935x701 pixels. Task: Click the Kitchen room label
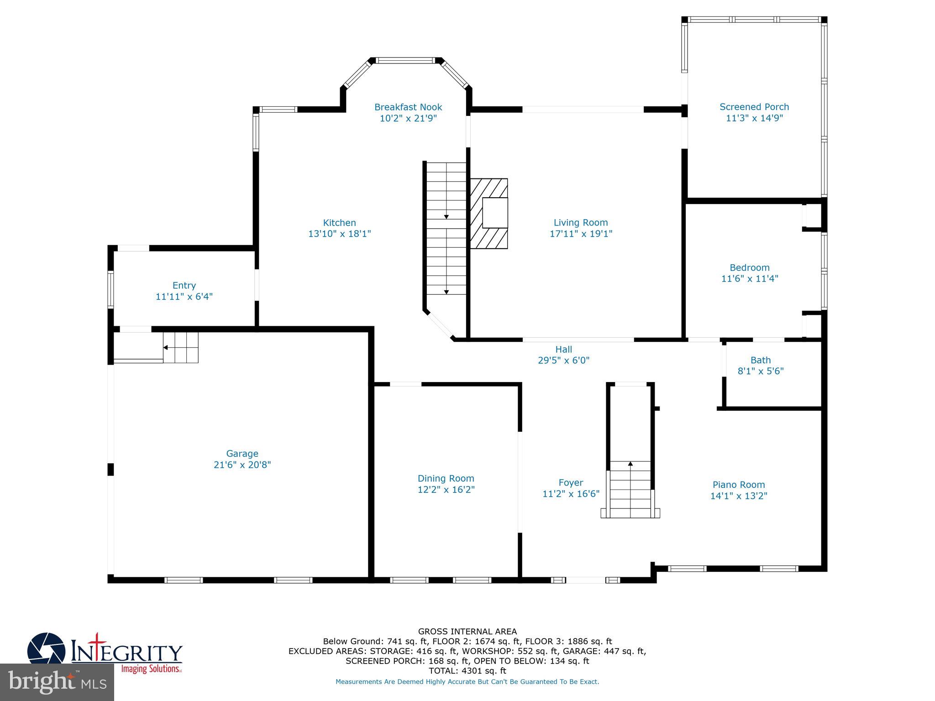pos(339,223)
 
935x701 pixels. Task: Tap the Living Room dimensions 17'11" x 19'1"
pos(581,234)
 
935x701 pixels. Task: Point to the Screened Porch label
pos(754,107)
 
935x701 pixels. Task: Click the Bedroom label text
pos(749,268)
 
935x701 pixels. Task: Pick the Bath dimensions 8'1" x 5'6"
pos(761,371)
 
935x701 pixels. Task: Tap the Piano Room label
pos(738,485)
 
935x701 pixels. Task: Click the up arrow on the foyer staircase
pos(630,464)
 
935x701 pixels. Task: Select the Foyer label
pos(571,483)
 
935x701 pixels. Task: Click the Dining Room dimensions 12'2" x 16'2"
pos(446,490)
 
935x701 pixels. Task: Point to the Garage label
pos(242,454)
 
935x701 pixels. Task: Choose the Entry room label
pos(184,286)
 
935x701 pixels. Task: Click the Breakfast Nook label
pos(408,107)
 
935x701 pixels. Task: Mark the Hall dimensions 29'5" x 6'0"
pos(563,361)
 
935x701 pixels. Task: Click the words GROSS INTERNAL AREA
pos(467,632)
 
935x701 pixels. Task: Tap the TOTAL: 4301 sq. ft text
pos(467,671)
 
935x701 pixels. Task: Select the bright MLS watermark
pos(57,682)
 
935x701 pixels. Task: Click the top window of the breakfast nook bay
pos(405,60)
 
